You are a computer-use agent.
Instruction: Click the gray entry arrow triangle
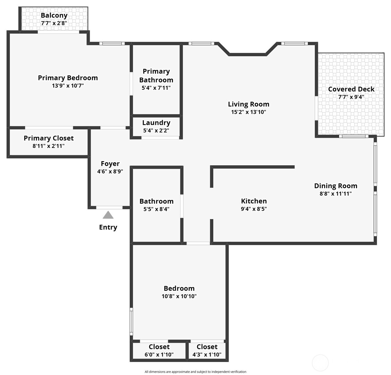[x=108, y=215]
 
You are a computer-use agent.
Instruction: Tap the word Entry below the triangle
[x=108, y=227]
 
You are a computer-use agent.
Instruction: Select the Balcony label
[x=54, y=15]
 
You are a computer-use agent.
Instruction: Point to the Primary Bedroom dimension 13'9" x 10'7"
[x=68, y=86]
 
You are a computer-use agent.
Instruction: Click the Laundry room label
[x=156, y=123]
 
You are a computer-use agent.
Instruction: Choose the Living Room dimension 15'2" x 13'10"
[x=248, y=112]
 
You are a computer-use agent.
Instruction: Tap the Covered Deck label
[x=351, y=89]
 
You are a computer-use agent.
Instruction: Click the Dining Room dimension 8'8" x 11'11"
[x=336, y=194]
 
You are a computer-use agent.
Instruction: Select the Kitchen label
[x=254, y=201]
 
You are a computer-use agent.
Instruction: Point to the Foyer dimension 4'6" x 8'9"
[x=110, y=172]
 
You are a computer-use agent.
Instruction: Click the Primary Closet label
[x=49, y=138]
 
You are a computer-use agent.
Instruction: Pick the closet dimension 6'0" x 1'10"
[x=159, y=355]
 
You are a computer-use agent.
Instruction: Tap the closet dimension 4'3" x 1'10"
[x=207, y=355]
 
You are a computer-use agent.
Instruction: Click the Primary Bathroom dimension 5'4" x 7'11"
[x=156, y=88]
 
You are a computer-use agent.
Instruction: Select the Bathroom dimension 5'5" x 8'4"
[x=156, y=209]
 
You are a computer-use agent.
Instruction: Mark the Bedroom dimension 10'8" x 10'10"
[x=179, y=296]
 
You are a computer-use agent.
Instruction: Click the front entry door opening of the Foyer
[x=109, y=208]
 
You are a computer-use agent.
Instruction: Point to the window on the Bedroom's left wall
[x=131, y=322]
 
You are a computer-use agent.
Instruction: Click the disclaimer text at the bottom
[x=196, y=372]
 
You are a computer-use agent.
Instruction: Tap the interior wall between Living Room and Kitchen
[x=252, y=167]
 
